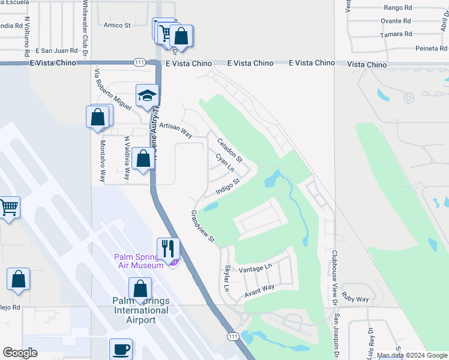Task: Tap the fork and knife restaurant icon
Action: pos(168,248)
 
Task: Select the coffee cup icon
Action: pos(121,349)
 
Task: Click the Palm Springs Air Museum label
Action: pos(139,262)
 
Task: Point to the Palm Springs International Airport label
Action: pos(140,310)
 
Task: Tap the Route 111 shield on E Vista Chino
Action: pos(139,62)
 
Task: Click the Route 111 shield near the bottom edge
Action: pos(232,337)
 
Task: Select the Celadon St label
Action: pos(229,151)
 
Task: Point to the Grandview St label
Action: pos(202,226)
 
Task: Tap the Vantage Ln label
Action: pos(255,269)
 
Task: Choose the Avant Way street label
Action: pos(259,291)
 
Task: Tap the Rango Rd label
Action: pos(397,8)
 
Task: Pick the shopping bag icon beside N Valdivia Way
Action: pos(143,160)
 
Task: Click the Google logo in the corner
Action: pos(20,353)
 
